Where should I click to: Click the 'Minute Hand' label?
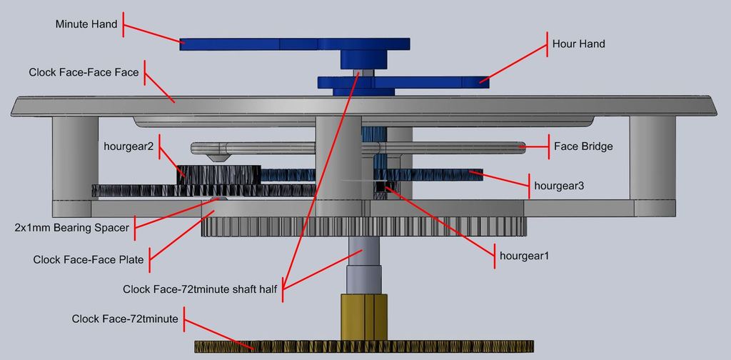coord(86,24)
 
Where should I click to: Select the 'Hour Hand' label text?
coord(578,44)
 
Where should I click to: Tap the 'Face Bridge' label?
coord(583,146)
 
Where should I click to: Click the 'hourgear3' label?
coord(559,186)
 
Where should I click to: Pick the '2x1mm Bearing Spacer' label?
coord(71,228)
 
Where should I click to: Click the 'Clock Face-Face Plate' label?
coord(88,260)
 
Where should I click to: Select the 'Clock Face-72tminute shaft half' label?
coord(200,289)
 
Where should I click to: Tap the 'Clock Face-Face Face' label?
coord(84,73)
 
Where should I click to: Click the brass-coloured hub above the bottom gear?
coord(363,317)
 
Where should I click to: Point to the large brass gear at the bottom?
coord(363,346)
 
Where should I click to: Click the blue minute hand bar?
coord(295,44)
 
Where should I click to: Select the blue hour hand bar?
coord(403,83)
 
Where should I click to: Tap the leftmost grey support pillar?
coord(75,158)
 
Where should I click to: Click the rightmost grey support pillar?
coord(652,158)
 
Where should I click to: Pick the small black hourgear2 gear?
coord(218,174)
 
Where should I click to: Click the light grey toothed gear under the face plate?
coord(363,226)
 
